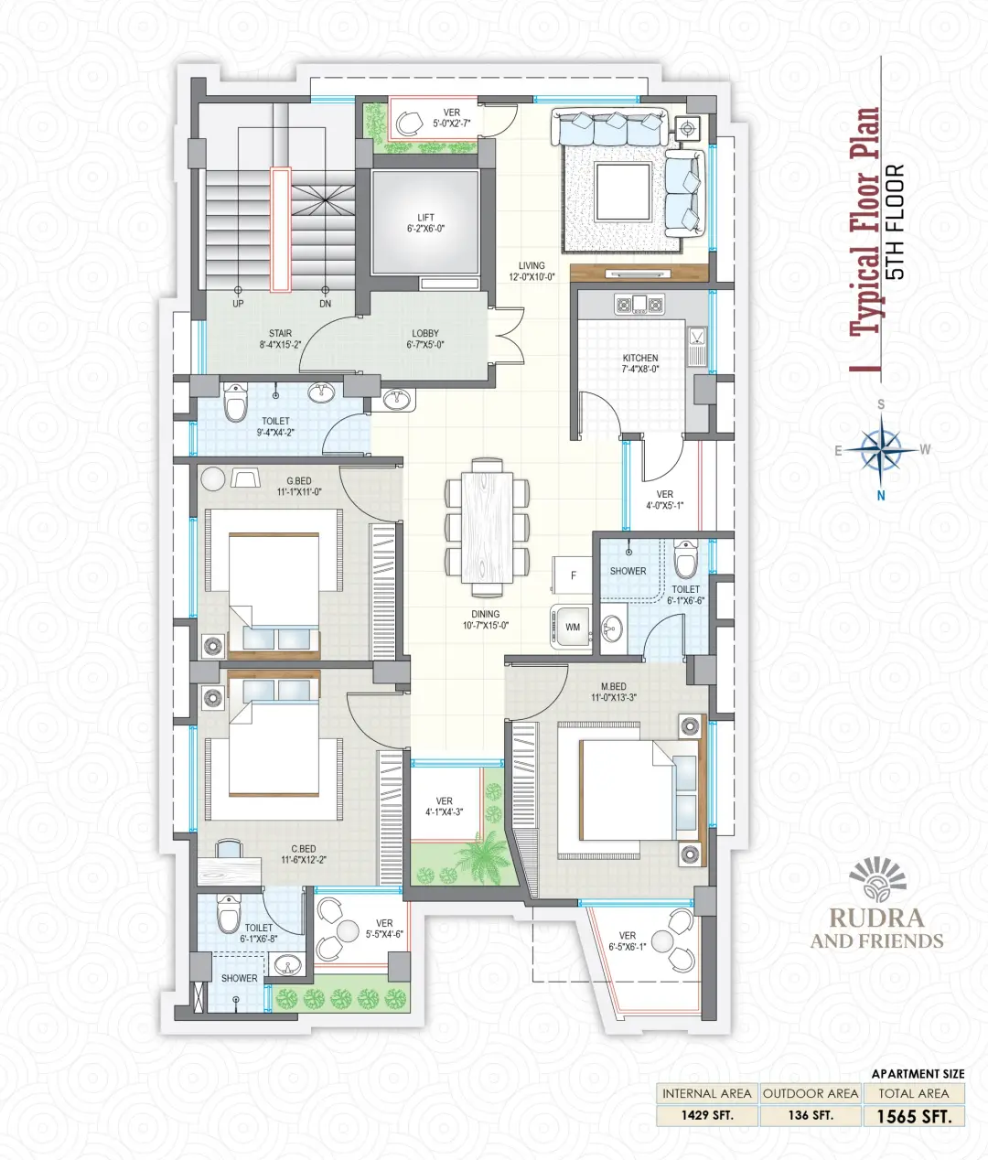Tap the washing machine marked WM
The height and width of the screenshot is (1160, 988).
(x=571, y=627)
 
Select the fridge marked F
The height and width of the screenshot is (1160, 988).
(x=572, y=575)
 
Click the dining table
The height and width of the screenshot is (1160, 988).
(x=488, y=527)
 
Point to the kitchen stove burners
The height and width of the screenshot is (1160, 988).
(x=639, y=305)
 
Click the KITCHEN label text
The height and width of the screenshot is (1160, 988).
(x=640, y=358)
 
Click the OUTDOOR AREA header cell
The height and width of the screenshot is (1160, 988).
(x=811, y=1093)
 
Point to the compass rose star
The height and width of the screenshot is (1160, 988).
(x=881, y=449)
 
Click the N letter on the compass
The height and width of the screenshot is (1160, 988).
(x=881, y=496)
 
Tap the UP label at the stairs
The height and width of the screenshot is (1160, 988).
(x=238, y=304)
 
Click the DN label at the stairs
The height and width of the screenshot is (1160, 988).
(x=325, y=304)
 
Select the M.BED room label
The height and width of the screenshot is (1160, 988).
(x=613, y=686)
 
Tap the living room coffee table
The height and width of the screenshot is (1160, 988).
(x=623, y=191)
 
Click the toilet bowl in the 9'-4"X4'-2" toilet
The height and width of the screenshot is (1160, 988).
(x=235, y=402)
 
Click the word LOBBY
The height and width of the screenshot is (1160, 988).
(x=425, y=333)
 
